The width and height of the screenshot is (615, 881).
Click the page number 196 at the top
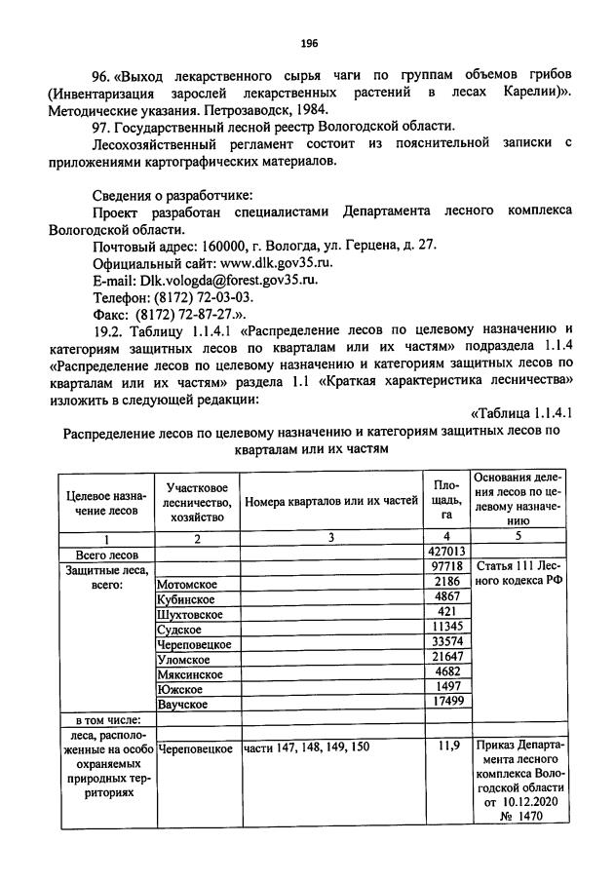[309, 43]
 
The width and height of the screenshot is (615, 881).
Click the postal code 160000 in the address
[222, 247]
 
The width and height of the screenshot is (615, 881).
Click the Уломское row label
[185, 659]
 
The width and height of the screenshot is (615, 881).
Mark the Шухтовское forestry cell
[189, 614]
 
